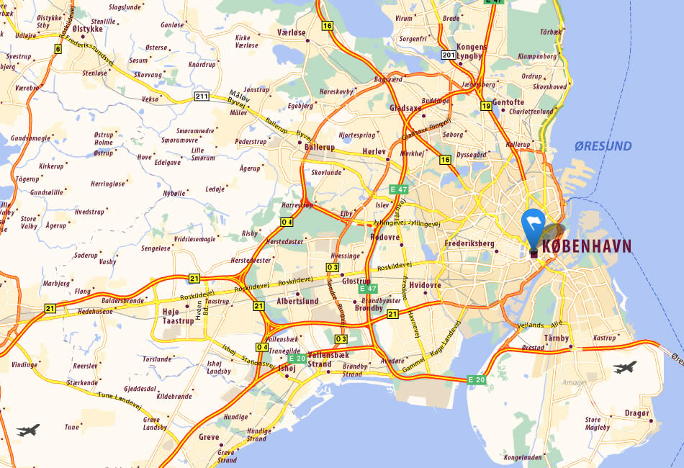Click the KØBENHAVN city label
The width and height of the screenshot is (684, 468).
tap(586, 246)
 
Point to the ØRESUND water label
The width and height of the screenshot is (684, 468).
tap(603, 147)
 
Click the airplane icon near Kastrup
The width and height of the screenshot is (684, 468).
tap(625, 368)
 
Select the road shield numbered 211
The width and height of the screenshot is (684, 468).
tap(201, 96)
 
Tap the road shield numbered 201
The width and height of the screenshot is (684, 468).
tap(449, 55)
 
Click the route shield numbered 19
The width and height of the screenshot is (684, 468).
tap(486, 107)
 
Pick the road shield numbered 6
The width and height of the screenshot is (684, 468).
tap(57, 49)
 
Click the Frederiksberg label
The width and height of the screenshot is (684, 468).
tap(472, 243)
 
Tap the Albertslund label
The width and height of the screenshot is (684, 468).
tap(297, 301)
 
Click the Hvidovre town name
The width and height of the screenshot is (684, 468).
tap(423, 285)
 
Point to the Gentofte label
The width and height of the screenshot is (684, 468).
tap(508, 102)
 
